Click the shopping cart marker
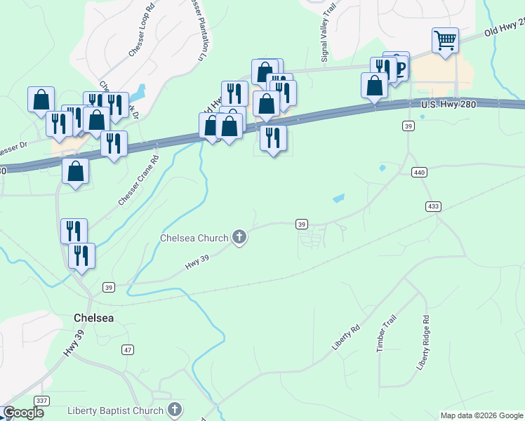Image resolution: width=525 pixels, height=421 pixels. click(x=445, y=39)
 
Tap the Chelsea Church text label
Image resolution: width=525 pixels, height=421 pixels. click(x=194, y=238)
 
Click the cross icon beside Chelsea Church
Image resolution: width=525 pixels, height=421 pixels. click(x=239, y=238)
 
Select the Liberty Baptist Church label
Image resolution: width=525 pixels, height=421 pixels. click(x=116, y=410)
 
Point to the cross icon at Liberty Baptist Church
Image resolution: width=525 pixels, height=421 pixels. click(x=175, y=410)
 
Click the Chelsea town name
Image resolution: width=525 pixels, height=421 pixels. click(x=93, y=318)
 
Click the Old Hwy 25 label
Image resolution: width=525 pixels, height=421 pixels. click(x=504, y=29)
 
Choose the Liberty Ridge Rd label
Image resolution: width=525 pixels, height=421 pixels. click(x=423, y=342)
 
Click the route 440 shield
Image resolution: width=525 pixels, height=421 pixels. click(x=420, y=173)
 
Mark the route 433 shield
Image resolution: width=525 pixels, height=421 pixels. click(x=433, y=206)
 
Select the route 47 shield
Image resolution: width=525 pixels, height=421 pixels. click(x=127, y=349)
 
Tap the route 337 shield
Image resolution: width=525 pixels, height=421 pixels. click(x=41, y=401)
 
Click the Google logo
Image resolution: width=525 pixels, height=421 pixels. click(x=23, y=413)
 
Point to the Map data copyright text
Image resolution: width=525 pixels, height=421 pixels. click(x=481, y=415)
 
